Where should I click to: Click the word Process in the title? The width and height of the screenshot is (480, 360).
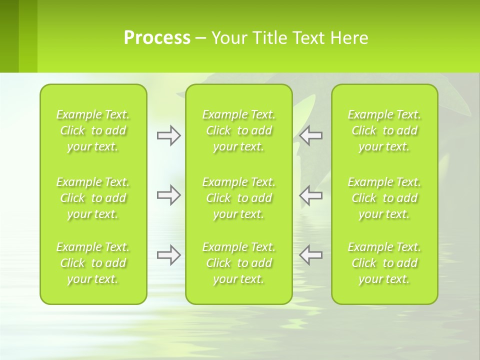(157, 38)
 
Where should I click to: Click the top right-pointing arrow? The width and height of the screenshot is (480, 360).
(168, 135)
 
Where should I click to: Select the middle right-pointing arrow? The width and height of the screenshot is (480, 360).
(168, 195)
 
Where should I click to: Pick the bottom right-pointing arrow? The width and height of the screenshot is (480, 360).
(168, 255)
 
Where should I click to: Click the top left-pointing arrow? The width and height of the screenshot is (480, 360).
(311, 135)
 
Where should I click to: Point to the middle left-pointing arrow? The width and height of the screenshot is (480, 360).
(311, 195)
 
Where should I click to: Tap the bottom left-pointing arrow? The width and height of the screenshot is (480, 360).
(311, 255)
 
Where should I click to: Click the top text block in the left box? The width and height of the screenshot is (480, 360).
(93, 130)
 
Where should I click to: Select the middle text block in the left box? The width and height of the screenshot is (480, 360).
(93, 198)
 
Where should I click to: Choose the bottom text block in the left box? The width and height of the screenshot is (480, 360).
(93, 263)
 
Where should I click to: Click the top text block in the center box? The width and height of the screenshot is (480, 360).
(239, 130)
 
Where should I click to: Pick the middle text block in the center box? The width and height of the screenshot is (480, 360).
(239, 198)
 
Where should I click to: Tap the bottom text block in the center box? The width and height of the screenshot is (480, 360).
(239, 263)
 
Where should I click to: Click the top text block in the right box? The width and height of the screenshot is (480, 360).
(384, 130)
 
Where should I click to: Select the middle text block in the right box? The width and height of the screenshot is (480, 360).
(384, 198)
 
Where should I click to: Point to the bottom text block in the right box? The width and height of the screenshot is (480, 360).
(384, 263)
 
